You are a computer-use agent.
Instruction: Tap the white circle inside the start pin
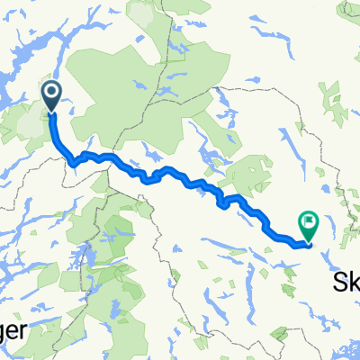point(50,92)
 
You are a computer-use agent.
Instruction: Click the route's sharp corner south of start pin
point(71,161)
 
